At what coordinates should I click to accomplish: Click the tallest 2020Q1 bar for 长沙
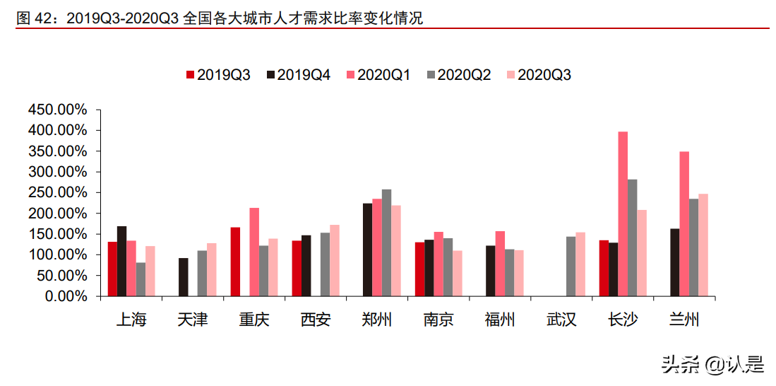(x=623, y=214)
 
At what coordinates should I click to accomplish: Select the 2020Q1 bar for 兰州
(x=684, y=224)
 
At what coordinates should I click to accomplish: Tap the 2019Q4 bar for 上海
(x=122, y=262)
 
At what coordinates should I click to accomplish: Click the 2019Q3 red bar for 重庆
(x=235, y=262)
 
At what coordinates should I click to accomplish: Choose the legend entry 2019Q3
(x=217, y=75)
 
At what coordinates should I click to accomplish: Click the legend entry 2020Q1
(x=378, y=75)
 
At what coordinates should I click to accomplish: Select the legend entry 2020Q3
(x=538, y=75)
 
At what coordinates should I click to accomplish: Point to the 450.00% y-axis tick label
(x=57, y=110)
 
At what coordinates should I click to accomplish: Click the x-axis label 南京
(x=438, y=320)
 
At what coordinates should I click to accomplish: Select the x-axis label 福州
(x=500, y=320)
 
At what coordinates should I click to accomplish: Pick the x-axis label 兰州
(x=684, y=320)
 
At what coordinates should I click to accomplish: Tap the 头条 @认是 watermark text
(x=712, y=365)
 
